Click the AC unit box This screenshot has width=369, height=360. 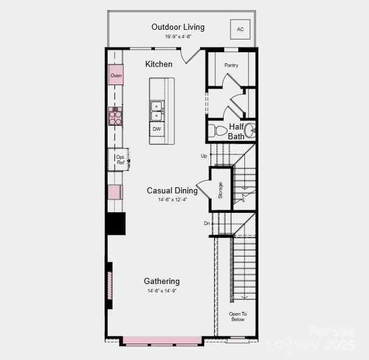tap(240, 29)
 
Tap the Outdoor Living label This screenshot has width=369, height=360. tap(178, 27)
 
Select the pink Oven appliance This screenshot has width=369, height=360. tap(116, 75)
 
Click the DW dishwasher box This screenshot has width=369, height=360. tap(157, 129)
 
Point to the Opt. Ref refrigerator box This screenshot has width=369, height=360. tap(119, 159)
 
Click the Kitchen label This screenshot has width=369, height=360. tap(159, 64)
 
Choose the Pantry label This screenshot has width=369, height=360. tap(231, 65)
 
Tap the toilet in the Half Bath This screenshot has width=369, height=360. tap(218, 130)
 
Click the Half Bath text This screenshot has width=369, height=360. tap(236, 131)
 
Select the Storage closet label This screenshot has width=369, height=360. tap(221, 190)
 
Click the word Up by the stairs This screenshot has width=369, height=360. tap(204, 156)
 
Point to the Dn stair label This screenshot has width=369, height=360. tap(207, 223)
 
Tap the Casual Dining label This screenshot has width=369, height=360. tap(172, 190)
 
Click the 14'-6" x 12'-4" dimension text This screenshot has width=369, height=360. tap(172, 199)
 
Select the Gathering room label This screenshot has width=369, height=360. tap(162, 281)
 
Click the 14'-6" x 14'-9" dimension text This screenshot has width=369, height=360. tap(162, 291)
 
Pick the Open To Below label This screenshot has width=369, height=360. tap(237, 316)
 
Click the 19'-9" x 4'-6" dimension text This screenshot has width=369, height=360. tap(178, 36)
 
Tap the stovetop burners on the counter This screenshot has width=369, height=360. tap(115, 116)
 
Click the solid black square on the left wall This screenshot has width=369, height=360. tap(116, 223)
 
